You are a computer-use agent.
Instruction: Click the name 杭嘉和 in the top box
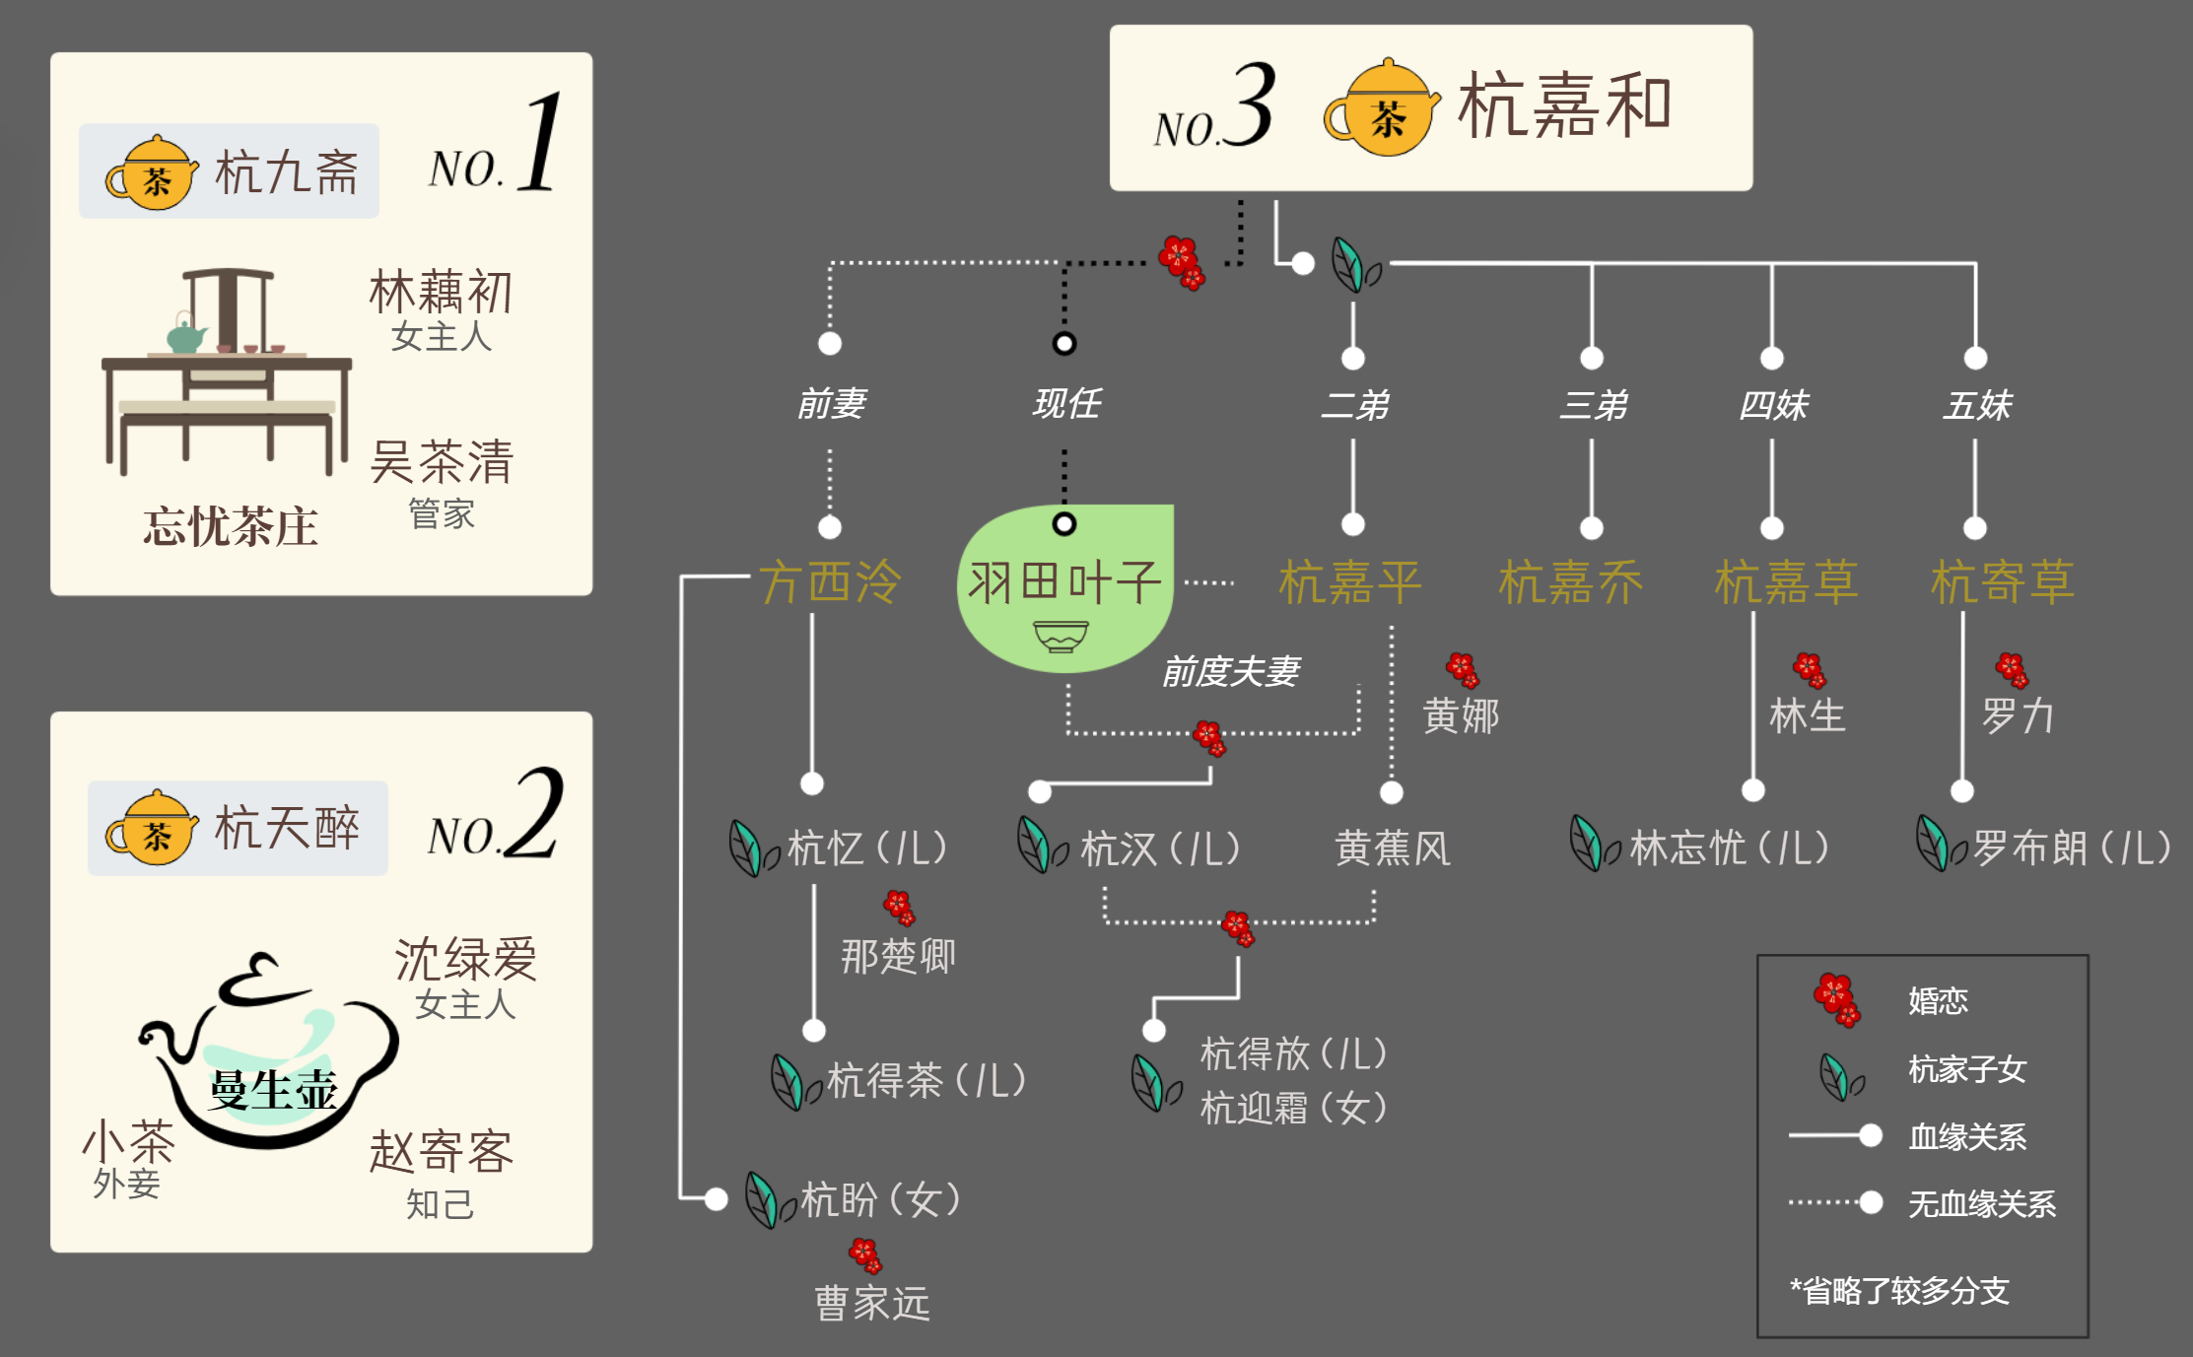point(1564,105)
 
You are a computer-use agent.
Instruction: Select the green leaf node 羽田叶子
point(1064,587)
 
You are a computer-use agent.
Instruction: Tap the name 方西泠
point(830,581)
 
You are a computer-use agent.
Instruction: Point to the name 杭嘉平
point(1349,581)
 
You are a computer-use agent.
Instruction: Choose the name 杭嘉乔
point(1570,581)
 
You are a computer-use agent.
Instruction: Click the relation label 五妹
point(1976,405)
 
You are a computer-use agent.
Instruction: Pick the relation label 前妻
point(831,403)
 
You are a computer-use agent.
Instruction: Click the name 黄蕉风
point(1392,848)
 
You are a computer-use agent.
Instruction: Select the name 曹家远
point(872,1303)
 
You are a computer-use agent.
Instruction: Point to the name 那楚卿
point(898,956)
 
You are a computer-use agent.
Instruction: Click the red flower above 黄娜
point(1463,670)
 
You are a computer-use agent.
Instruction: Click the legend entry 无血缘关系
point(1981,1203)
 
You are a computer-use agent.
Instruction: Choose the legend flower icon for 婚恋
point(1836,999)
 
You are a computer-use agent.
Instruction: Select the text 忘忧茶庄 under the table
point(231,526)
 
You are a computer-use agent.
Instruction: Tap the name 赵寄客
point(442,1151)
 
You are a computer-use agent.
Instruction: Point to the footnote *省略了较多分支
point(1898,1290)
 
